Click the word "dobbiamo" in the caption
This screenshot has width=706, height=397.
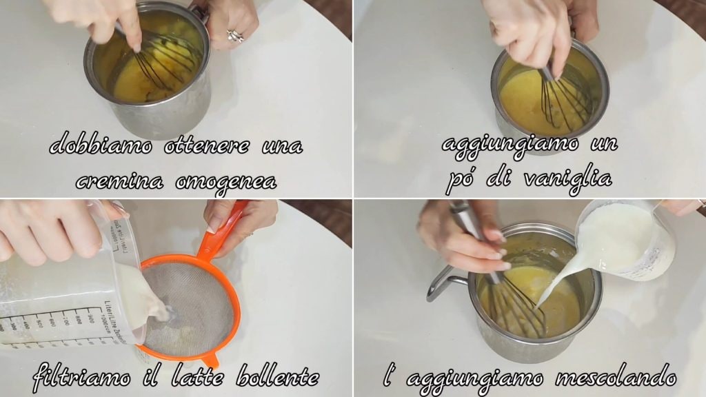(x=101, y=145)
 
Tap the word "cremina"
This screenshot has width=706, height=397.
(x=119, y=181)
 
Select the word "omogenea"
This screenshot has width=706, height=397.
(x=226, y=182)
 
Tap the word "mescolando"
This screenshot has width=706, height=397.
(x=616, y=377)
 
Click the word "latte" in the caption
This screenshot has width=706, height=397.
(x=197, y=376)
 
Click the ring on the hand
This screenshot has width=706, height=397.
(x=234, y=36)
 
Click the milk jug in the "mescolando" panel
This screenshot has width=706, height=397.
(x=626, y=238)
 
